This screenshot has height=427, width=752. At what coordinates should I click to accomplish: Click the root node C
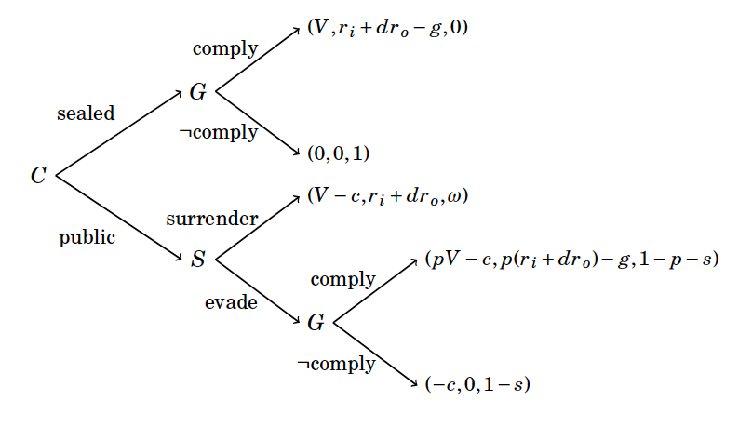pyautogui.click(x=38, y=175)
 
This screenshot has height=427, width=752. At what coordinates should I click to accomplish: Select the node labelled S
pyautogui.click(x=197, y=259)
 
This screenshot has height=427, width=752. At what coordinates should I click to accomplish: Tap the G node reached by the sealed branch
pyautogui.click(x=197, y=92)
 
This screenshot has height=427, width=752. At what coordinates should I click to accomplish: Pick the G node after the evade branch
pyautogui.click(x=316, y=323)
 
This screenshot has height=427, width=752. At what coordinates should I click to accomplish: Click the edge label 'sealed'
pyautogui.click(x=86, y=113)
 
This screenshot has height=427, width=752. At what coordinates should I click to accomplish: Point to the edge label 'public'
pyautogui.click(x=87, y=237)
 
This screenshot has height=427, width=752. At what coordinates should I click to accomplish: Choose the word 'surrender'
pyautogui.click(x=211, y=219)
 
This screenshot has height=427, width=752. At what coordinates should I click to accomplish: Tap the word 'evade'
pyautogui.click(x=231, y=301)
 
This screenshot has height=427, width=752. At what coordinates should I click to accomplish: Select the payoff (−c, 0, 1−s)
pyautogui.click(x=477, y=384)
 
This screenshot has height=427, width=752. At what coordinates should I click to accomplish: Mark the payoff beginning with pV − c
pyautogui.click(x=571, y=260)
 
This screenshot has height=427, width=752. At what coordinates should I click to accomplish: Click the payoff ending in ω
pyautogui.click(x=386, y=197)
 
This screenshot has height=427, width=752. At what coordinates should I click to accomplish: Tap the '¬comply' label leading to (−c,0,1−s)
pyautogui.click(x=336, y=363)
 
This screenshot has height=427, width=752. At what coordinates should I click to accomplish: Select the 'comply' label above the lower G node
pyautogui.click(x=342, y=279)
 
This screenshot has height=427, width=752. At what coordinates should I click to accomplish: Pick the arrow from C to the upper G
pyautogui.click(x=121, y=133)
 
